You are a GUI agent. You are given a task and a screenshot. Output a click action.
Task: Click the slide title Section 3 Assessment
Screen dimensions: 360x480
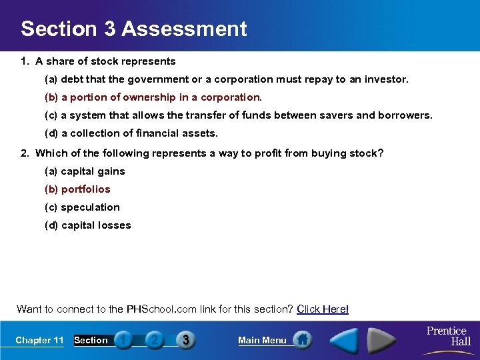(133, 29)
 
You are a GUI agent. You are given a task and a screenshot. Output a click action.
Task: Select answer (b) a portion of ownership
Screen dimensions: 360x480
(153, 97)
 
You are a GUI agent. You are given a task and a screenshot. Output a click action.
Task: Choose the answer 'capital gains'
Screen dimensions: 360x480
(85, 171)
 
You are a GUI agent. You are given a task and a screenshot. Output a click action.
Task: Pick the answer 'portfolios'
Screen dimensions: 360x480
(77, 189)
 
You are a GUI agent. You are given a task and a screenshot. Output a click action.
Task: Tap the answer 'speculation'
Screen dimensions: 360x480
(82, 207)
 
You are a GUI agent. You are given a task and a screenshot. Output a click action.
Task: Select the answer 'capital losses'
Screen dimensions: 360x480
(87, 225)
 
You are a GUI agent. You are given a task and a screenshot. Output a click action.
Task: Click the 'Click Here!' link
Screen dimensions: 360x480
(323, 309)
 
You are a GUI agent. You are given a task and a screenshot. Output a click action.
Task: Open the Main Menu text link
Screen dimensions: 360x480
(262, 340)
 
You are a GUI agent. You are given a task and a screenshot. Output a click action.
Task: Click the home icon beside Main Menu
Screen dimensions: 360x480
(303, 340)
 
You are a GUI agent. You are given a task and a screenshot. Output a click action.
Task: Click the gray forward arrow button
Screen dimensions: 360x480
(383, 340)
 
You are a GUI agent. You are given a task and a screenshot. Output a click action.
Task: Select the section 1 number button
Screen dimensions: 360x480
(123, 340)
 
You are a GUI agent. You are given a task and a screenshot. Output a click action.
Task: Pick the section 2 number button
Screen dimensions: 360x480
(154, 340)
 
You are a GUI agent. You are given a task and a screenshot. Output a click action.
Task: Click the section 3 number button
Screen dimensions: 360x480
(185, 340)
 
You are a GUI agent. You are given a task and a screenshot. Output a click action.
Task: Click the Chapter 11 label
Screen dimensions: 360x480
(39, 340)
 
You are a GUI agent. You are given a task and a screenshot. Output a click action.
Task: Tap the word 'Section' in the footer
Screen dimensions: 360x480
(91, 340)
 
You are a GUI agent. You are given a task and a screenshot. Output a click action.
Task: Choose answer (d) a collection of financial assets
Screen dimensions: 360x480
(131, 133)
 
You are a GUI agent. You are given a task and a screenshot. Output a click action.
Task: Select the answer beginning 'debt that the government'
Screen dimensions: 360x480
(227, 79)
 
